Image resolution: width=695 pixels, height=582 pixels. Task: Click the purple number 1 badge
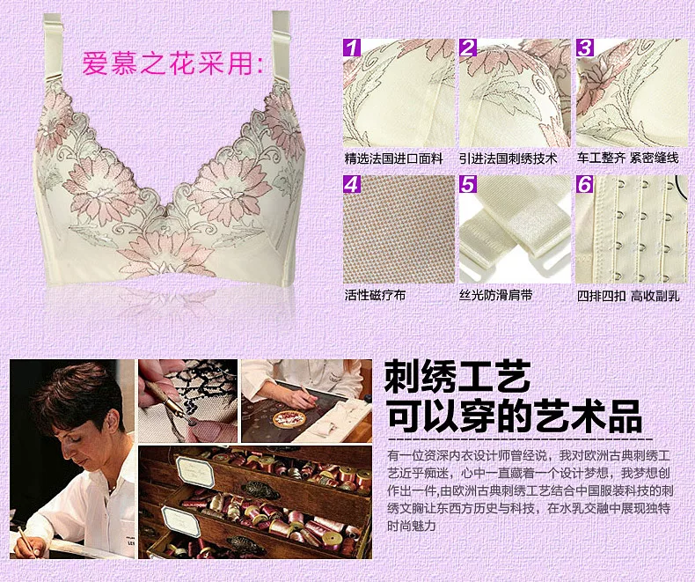click(353, 48)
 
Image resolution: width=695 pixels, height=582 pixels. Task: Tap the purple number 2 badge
click(468, 48)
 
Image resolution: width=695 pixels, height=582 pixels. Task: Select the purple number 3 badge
click(585, 48)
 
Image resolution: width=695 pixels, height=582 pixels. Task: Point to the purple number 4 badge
click(353, 184)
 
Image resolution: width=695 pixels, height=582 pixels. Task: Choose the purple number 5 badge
click(468, 184)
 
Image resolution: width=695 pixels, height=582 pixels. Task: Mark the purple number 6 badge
click(585, 184)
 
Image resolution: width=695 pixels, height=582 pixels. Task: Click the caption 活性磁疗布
click(375, 295)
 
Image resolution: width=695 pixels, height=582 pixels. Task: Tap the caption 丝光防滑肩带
click(496, 295)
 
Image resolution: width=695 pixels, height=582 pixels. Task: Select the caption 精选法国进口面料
click(393, 158)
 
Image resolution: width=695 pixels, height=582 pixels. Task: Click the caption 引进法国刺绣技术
click(508, 158)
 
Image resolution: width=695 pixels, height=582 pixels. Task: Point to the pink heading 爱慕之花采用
click(172, 63)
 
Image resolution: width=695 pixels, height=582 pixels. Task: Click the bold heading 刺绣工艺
click(457, 377)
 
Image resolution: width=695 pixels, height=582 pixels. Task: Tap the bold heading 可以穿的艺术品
click(514, 416)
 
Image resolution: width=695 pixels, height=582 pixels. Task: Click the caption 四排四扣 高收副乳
click(628, 296)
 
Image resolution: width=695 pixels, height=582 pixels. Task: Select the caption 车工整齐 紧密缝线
click(627, 158)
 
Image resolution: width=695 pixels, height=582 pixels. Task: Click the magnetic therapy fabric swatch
click(399, 229)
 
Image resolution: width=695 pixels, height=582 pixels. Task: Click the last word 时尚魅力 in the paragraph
click(412, 527)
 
